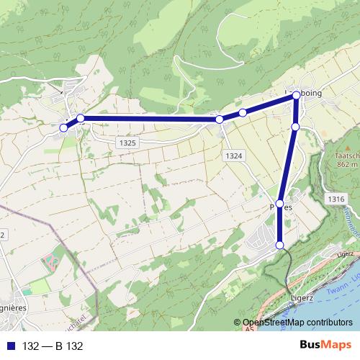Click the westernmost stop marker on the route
63,127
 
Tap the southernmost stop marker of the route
280,246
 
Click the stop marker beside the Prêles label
280,204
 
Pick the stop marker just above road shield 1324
219,119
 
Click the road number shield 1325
127,143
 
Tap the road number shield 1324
233,156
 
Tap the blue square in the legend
9,346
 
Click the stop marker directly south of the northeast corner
295,127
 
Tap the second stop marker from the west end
81,118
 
